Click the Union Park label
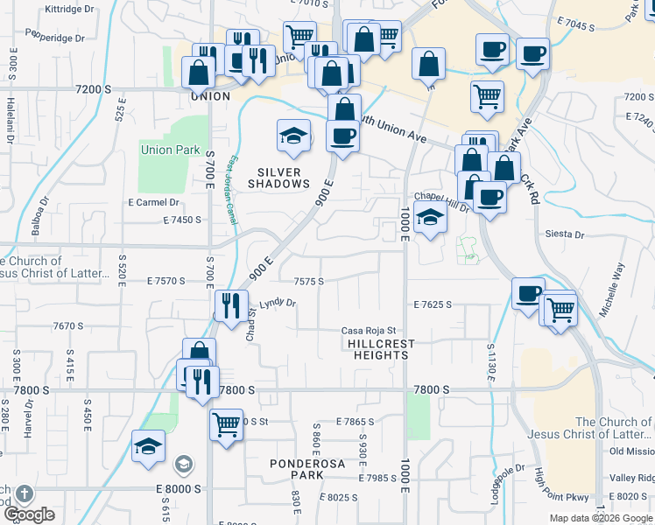pos(170,150)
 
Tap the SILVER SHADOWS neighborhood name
pos(278,178)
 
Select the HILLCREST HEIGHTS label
pos(381,350)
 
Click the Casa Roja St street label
pos(370,330)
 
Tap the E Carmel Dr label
pos(153,202)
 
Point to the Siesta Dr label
pos(564,234)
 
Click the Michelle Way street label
pos(614,290)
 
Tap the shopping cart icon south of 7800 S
pos(226,424)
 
